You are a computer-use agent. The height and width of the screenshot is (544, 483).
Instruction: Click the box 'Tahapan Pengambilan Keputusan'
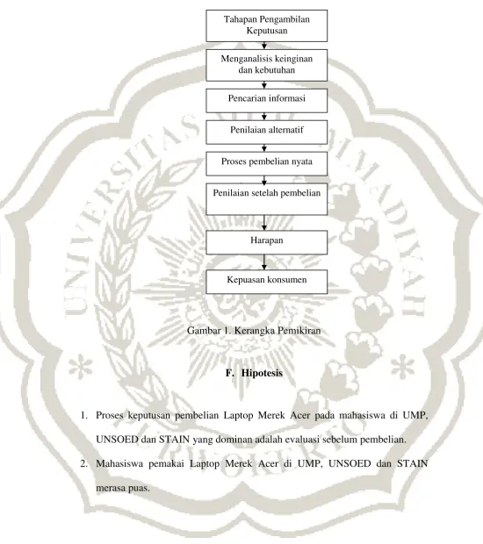tap(267, 25)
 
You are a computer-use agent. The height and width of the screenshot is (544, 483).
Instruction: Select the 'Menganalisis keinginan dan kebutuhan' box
tap(267, 65)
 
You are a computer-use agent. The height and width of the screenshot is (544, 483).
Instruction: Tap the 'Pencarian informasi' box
tap(267, 101)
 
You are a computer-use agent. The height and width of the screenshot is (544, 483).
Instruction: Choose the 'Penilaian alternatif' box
tap(267, 132)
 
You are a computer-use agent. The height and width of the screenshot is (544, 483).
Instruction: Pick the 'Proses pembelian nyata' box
tap(267, 163)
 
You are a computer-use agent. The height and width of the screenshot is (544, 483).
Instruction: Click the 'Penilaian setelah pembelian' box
tap(267, 199)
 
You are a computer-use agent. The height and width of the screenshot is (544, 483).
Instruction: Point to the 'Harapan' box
tap(267, 242)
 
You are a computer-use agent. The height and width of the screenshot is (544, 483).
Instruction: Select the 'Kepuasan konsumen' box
tap(267, 282)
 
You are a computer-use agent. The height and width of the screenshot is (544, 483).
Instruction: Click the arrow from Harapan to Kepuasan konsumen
tap(264, 262)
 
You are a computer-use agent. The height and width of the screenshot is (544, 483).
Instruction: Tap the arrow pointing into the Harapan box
tap(264, 223)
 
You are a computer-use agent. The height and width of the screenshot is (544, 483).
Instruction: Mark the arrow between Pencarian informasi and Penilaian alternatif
tap(264, 117)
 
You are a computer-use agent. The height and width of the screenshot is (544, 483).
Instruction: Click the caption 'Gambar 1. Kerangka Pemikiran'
tap(254, 331)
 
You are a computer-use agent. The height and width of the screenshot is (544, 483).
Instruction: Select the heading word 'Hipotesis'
tap(263, 373)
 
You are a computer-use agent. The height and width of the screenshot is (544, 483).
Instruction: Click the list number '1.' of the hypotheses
tap(83, 415)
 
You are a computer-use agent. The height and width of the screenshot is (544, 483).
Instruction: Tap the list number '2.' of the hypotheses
tap(83, 463)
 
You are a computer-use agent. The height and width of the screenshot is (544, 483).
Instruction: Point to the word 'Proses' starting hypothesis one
tap(109, 415)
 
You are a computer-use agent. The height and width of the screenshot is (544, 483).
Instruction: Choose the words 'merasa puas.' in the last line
tap(123, 488)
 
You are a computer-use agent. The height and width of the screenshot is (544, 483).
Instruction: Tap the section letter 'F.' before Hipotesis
tap(229, 373)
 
